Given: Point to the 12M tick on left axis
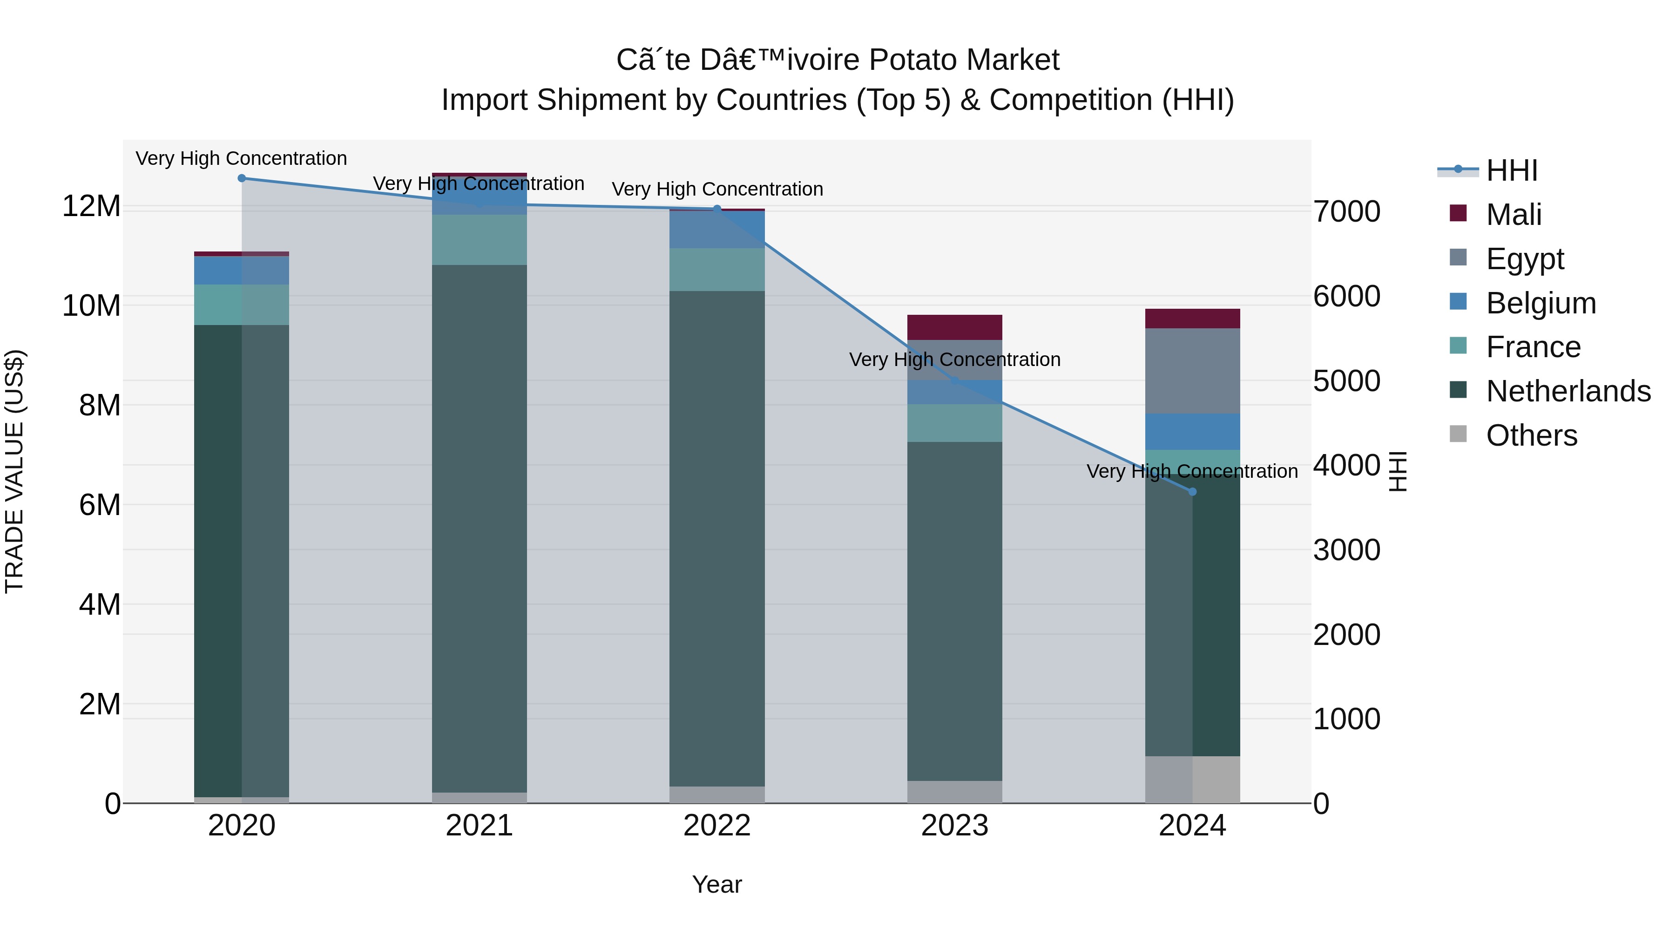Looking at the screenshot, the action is (x=91, y=206).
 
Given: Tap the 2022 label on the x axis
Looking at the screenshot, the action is (x=717, y=826).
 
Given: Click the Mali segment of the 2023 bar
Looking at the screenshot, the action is (x=954, y=327).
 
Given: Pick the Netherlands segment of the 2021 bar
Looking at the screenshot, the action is (x=480, y=529).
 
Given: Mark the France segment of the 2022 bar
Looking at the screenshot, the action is (x=717, y=270).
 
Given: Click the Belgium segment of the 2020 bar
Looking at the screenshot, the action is (x=241, y=271).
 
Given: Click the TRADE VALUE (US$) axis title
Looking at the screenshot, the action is (x=14, y=471).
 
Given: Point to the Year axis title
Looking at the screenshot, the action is (x=717, y=884).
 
